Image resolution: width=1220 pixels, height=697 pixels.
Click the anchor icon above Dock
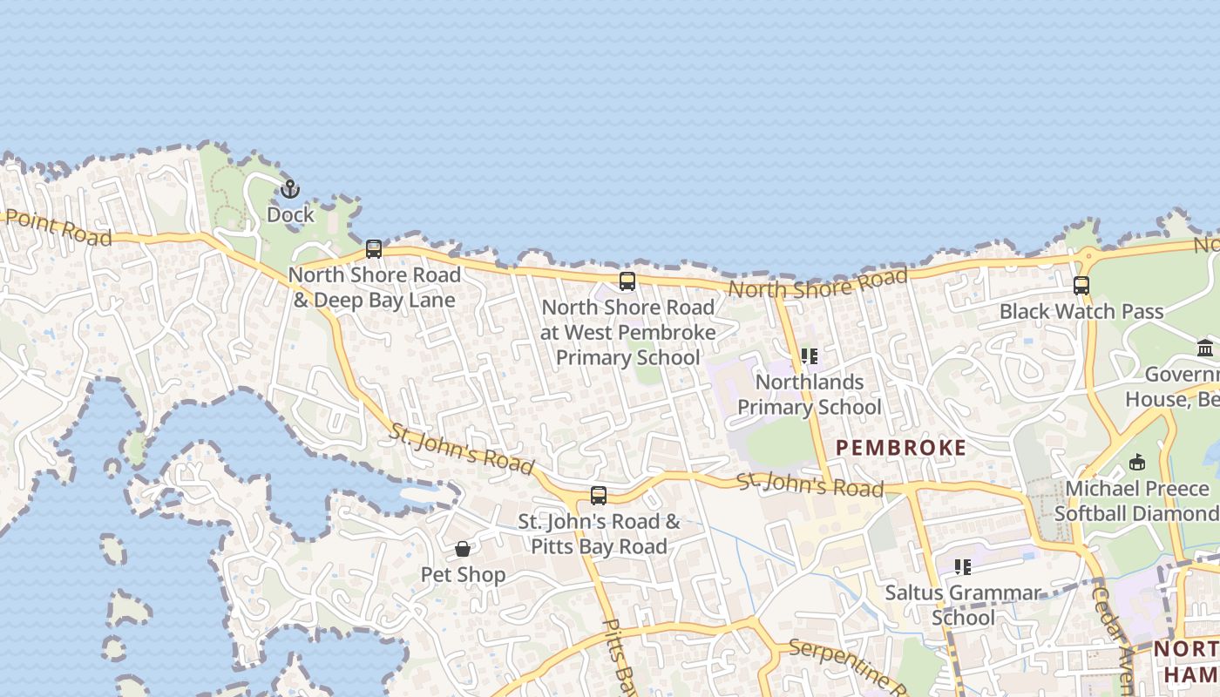[x=289, y=188]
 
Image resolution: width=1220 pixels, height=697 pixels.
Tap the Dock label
[x=290, y=214]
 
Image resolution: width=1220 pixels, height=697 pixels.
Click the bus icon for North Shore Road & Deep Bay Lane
[x=374, y=249]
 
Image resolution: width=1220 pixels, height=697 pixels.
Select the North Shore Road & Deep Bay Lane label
[x=374, y=288]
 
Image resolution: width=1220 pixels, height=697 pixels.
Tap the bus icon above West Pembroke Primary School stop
[x=627, y=281]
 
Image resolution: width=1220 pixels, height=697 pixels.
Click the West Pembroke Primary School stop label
[x=627, y=332]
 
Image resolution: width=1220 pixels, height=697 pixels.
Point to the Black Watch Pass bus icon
[x=1081, y=285]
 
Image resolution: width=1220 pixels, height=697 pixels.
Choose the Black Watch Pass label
[x=1081, y=311]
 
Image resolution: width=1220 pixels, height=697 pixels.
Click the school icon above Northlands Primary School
[x=810, y=356]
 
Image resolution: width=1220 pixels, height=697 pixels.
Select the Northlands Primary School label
[x=810, y=395]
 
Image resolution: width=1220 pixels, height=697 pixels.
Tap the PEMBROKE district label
[x=901, y=448]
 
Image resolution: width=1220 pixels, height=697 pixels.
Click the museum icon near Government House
[x=1205, y=348]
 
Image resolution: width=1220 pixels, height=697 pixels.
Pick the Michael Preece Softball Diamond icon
[x=1137, y=462]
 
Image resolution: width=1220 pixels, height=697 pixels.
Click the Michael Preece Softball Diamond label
[x=1136, y=501]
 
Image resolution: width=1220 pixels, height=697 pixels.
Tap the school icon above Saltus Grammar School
[x=963, y=567]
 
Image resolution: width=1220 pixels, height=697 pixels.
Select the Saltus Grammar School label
[x=963, y=606]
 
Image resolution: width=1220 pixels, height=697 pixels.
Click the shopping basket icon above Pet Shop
[x=463, y=549]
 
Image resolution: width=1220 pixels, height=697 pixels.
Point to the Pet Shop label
[x=463, y=575]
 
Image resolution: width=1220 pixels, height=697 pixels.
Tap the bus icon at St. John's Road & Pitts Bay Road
[x=599, y=496]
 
